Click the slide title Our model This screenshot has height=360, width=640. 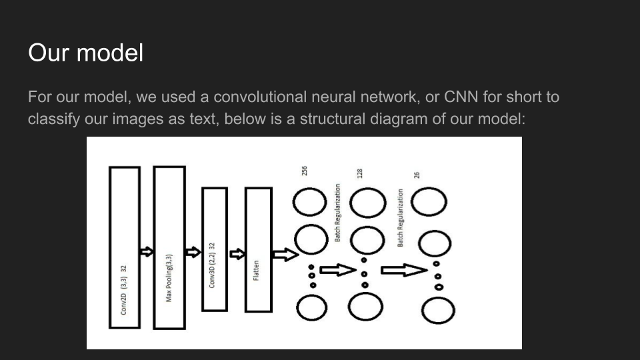[x=85, y=53]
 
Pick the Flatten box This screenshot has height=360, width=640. [x=259, y=249]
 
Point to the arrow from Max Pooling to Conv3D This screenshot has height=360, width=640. [x=193, y=253]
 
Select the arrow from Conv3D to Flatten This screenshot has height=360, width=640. [x=237, y=253]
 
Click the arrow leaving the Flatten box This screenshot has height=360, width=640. [x=285, y=255]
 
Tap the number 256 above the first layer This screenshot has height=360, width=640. [x=305, y=172]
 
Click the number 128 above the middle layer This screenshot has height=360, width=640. [x=360, y=174]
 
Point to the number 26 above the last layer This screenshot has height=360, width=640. [x=417, y=175]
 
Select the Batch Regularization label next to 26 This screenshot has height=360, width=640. [x=401, y=217]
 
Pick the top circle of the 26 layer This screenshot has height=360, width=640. [x=429, y=201]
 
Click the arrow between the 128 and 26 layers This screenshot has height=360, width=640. [x=403, y=270]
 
